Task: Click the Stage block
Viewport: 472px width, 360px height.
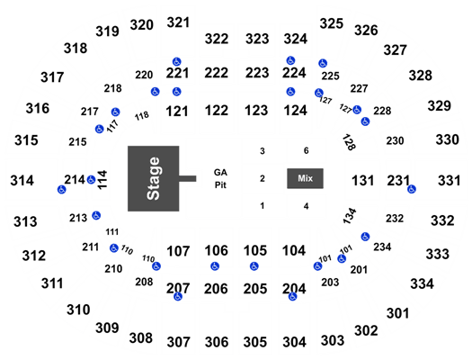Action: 153,178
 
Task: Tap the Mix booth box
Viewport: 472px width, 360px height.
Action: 306,178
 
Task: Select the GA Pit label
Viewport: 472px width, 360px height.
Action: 220,178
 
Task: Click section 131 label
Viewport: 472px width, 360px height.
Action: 362,181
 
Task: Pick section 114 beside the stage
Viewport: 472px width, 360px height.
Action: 102,180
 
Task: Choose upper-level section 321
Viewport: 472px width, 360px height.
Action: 178,22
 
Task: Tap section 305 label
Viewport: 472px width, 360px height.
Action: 255,342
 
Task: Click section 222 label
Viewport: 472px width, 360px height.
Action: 216,73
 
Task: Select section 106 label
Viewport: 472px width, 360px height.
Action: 216,250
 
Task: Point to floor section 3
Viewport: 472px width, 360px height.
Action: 263,151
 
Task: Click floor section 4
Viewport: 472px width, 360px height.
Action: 306,206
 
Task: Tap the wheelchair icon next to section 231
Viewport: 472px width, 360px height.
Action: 412,189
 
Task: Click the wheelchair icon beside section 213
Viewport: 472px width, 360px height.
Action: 96,215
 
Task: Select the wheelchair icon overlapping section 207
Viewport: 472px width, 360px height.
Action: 178,296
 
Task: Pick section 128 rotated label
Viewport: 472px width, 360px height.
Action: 349,142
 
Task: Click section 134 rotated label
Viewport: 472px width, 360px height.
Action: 350,216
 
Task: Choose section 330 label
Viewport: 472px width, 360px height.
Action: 448,139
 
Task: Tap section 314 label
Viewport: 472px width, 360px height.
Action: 22,181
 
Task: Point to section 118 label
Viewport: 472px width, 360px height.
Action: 141,116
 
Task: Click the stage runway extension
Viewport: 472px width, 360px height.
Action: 188,178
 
